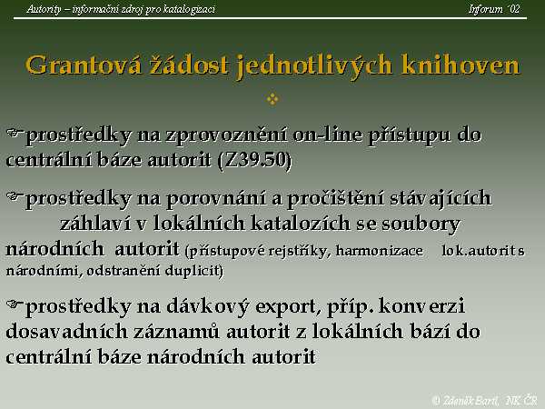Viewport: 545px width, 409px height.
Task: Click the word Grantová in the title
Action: [84, 65]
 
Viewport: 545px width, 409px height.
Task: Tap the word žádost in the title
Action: [189, 65]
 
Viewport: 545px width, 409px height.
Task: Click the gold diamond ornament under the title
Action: [272, 99]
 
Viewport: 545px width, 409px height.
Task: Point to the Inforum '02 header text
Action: [494, 9]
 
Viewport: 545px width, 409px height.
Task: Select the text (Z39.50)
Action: [254, 160]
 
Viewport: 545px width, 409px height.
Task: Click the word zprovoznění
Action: [226, 135]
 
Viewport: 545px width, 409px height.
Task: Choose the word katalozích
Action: [301, 224]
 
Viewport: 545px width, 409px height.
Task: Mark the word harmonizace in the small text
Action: [379, 251]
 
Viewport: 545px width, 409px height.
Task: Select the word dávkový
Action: [207, 307]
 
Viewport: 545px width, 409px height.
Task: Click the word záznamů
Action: [176, 332]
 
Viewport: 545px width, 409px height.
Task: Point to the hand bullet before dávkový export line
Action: [15, 304]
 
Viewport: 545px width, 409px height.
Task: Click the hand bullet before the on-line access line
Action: [15, 133]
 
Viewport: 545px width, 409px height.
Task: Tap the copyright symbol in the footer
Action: [436, 400]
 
